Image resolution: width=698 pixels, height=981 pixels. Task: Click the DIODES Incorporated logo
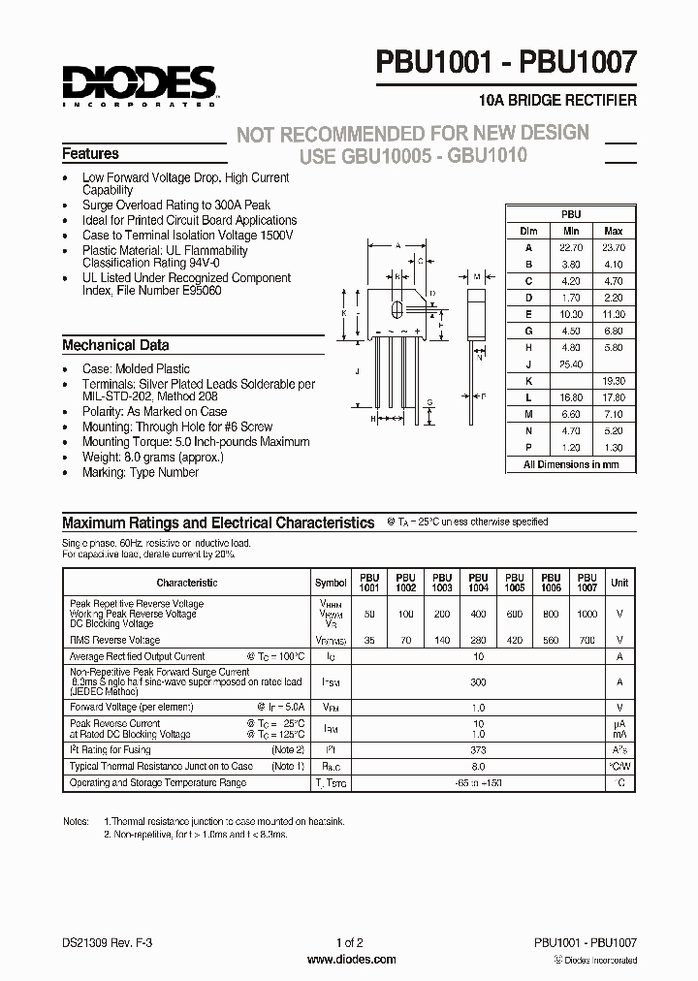pos(139,85)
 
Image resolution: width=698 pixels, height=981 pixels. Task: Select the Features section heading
pos(90,154)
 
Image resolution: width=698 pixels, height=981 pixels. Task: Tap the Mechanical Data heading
pos(115,345)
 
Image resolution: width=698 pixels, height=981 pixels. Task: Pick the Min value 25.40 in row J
pos(571,364)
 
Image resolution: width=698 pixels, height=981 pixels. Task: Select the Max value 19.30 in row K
pos(613,381)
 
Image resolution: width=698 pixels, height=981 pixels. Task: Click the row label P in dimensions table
pos(529,449)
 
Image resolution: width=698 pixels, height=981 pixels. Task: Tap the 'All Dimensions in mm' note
pos(570,464)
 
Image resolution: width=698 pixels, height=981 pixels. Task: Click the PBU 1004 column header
pos(477,583)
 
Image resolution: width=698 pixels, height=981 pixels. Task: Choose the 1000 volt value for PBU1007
pos(587,615)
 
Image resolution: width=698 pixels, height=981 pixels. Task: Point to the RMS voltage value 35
pos(368,641)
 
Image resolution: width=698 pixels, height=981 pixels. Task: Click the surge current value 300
pos(477,682)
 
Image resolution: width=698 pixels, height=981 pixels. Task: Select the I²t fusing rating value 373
pos(477,750)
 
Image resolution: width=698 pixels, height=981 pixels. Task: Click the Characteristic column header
pos(186,583)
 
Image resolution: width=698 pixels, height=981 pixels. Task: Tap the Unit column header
pos(619,583)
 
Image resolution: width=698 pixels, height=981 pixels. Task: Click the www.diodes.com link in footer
pos(350,960)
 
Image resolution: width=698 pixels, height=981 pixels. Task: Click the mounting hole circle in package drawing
pos(397,311)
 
